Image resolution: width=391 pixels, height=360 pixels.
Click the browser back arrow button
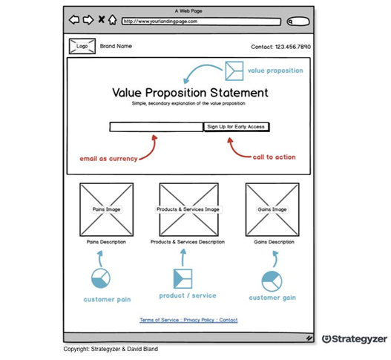tap(74, 19)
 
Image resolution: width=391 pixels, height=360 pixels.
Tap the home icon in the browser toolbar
tap(113, 20)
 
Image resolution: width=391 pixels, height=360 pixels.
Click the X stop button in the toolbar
tap(101, 19)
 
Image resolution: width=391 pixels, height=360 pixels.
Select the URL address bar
tap(201, 22)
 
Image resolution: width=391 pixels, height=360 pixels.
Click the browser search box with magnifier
tap(298, 22)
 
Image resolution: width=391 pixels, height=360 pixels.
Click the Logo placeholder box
tap(82, 46)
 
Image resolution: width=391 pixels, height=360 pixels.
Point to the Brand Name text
tap(116, 46)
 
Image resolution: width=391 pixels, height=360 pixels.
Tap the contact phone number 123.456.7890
tap(293, 47)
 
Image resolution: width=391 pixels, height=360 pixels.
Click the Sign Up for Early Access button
tap(237, 127)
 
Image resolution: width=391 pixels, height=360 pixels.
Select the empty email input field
tap(157, 127)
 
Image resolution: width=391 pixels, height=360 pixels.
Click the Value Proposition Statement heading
tap(190, 93)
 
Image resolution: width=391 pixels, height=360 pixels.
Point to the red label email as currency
tap(108, 159)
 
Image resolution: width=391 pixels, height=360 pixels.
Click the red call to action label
tap(274, 157)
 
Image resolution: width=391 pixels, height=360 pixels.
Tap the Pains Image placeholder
tap(107, 209)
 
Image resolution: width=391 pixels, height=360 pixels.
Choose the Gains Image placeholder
tap(272, 209)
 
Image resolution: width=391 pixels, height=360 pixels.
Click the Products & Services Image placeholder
tap(188, 209)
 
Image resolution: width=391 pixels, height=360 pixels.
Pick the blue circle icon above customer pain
tap(101, 278)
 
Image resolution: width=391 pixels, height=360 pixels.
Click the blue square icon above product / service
tap(183, 278)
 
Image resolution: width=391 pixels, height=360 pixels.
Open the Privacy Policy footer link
tap(199, 320)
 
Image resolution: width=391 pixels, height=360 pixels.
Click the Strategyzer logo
tap(355, 339)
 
